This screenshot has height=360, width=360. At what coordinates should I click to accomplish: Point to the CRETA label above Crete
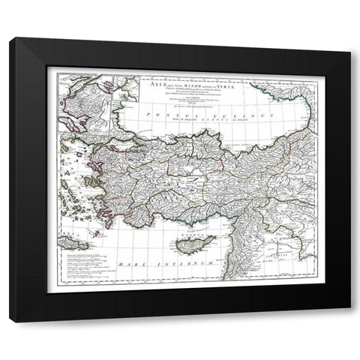[76, 239]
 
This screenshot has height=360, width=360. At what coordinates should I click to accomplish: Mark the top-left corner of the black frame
[10, 39]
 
